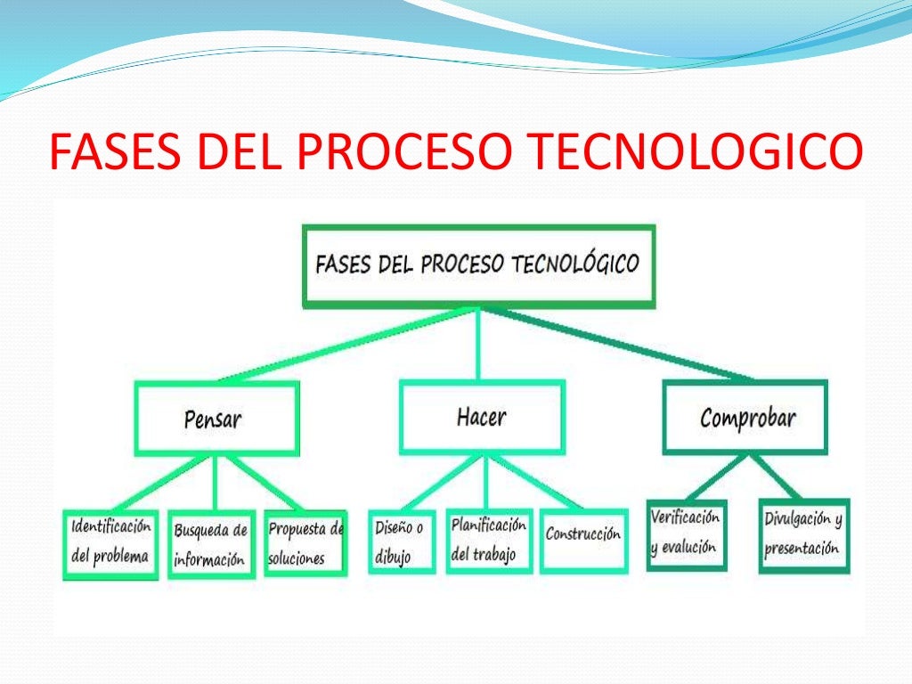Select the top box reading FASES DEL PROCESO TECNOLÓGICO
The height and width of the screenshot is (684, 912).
(x=478, y=265)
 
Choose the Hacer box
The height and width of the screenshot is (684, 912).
(x=481, y=417)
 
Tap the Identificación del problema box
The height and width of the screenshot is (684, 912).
(x=110, y=544)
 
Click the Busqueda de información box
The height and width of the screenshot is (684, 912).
(x=211, y=545)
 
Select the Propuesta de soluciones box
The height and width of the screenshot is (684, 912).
(x=305, y=543)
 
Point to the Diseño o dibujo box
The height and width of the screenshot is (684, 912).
(x=401, y=541)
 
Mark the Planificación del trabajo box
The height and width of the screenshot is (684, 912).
(x=488, y=540)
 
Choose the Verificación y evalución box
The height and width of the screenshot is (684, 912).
(x=686, y=534)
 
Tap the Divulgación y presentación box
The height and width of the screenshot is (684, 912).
(x=803, y=534)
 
